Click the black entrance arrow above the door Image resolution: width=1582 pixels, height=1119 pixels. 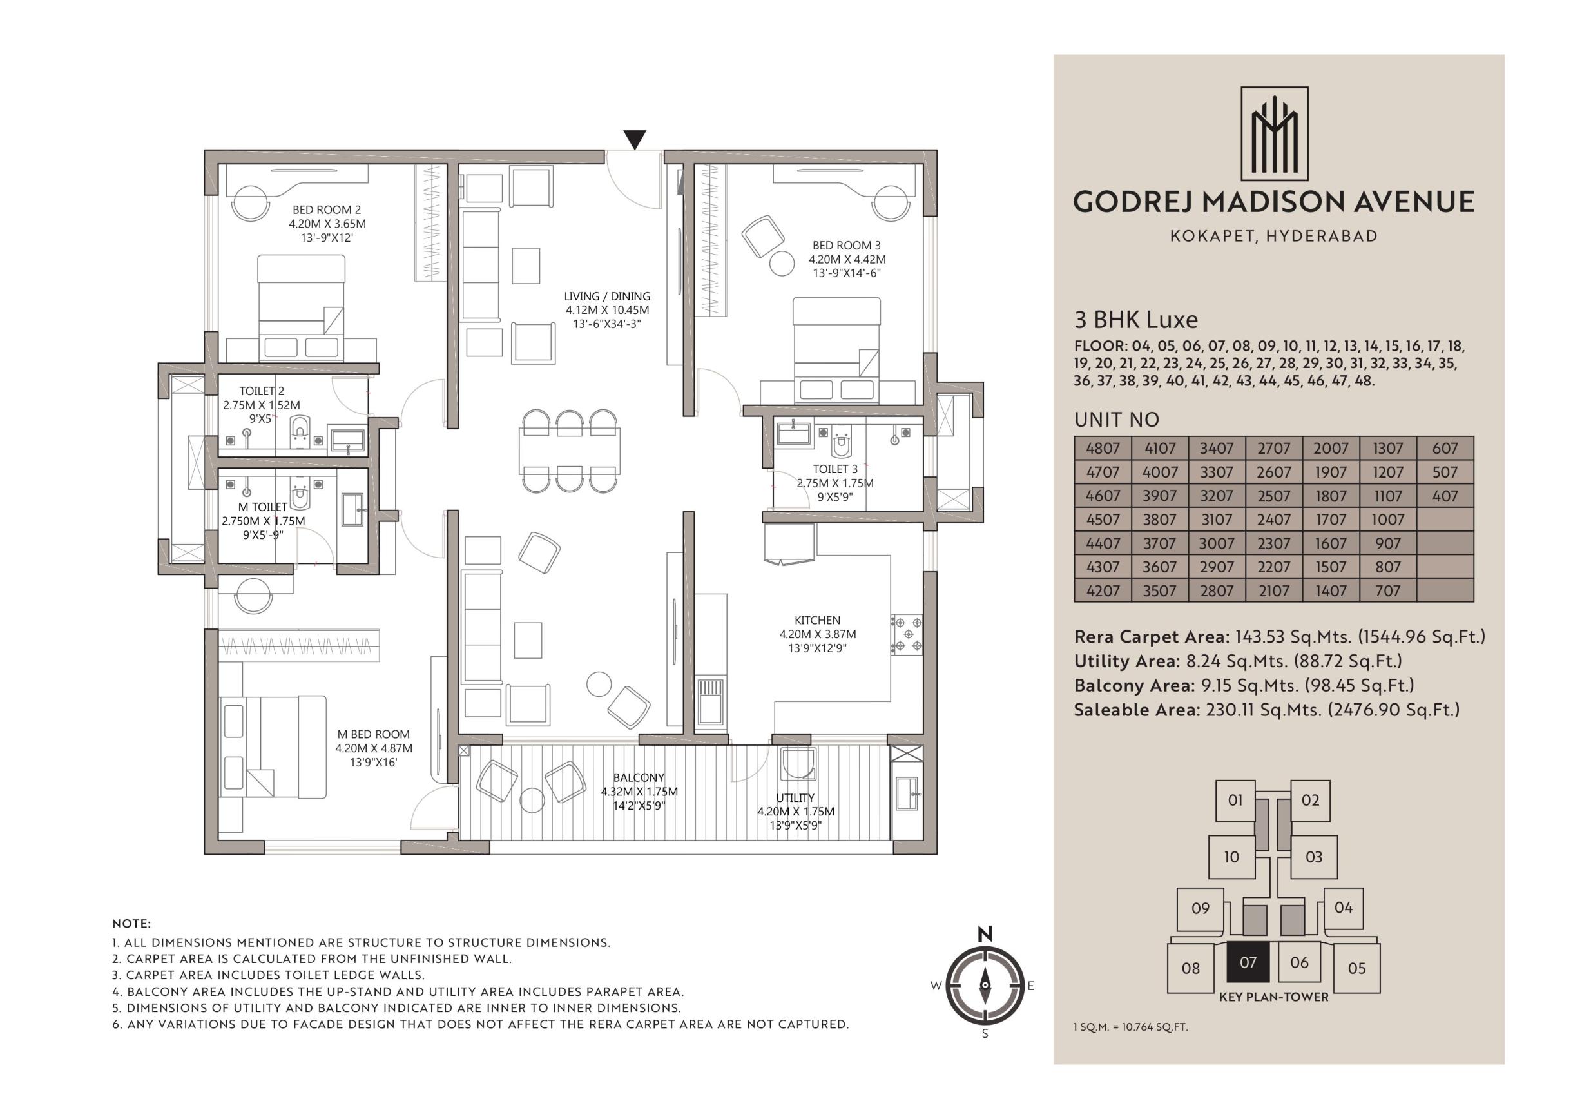click(635, 139)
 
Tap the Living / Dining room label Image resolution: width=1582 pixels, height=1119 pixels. click(607, 297)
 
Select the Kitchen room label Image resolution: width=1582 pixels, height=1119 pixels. click(817, 620)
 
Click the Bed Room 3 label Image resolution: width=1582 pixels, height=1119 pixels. click(846, 246)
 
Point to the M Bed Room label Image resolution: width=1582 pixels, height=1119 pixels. click(374, 735)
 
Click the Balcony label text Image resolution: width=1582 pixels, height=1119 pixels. click(639, 778)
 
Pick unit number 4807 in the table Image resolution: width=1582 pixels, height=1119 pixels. click(1103, 449)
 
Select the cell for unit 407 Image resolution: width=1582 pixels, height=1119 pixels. click(1445, 496)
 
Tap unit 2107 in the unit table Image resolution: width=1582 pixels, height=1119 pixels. click(1273, 590)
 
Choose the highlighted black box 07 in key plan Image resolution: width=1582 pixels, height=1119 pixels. click(1248, 962)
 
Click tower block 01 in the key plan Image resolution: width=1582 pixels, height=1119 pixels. click(1235, 801)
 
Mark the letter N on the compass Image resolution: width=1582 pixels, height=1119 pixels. click(985, 935)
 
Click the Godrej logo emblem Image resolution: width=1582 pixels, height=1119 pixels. click(1275, 133)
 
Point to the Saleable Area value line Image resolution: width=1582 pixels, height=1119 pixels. click(1266, 710)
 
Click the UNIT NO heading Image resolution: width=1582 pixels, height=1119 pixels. click(1116, 420)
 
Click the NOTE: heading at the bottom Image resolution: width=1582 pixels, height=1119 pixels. click(131, 923)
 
